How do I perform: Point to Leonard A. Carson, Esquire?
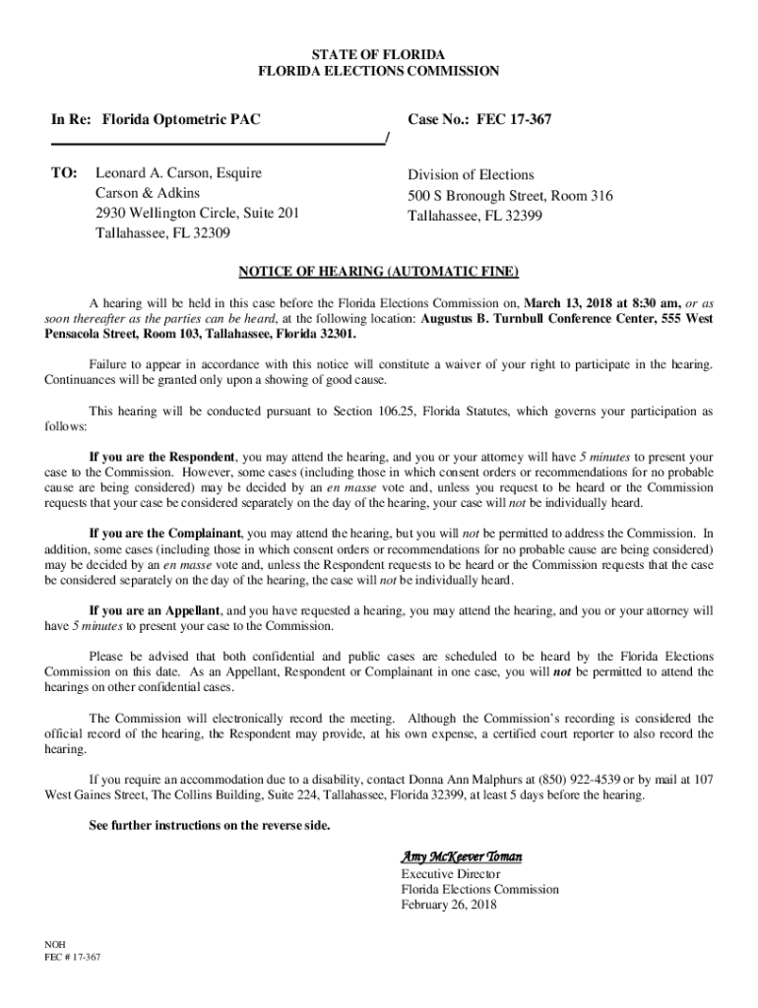(178, 173)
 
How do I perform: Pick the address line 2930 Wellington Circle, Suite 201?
(197, 213)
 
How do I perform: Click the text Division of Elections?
(471, 175)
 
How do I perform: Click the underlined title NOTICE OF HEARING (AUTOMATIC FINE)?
(379, 271)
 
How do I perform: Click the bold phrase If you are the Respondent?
(161, 458)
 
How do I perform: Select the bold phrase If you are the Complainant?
(164, 534)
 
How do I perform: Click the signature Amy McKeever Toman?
(461, 856)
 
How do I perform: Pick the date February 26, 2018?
(449, 905)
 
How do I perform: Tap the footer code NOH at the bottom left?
(55, 942)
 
